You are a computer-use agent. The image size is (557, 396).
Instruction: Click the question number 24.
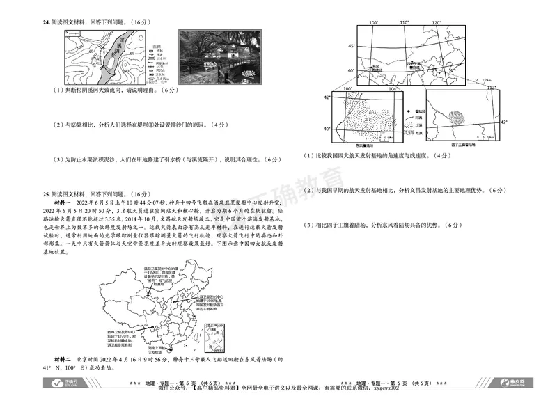(x=47, y=22)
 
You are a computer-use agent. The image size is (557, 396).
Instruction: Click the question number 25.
(x=47, y=193)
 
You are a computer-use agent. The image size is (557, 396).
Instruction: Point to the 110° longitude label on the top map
(x=405, y=23)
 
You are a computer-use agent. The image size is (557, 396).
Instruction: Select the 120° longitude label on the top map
(x=437, y=23)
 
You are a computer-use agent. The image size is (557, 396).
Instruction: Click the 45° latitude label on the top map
(x=352, y=46)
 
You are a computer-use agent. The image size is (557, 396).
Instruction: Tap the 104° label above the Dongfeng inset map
(x=393, y=89)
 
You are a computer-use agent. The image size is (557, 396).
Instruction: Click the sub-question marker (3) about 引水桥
(x=60, y=159)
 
